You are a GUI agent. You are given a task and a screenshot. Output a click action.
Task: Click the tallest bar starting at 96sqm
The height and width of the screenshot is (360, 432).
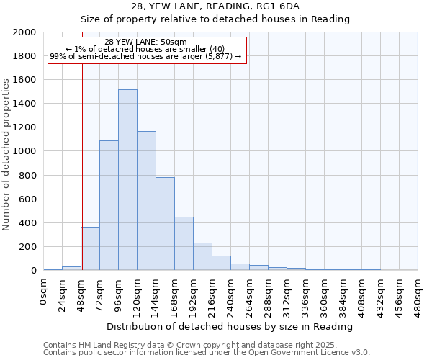pyautogui.click(x=127, y=180)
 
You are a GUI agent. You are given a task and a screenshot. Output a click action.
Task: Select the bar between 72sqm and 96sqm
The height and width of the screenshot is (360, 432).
pyautogui.click(x=109, y=205)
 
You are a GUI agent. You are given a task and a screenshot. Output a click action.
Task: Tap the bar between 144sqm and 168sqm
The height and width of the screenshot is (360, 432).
pyautogui.click(x=165, y=223)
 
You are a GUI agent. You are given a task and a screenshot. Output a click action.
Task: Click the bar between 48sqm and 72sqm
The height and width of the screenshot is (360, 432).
pyautogui.click(x=90, y=248)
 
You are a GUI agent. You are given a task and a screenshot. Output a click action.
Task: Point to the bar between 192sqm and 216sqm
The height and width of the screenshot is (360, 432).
pyautogui.click(x=202, y=256)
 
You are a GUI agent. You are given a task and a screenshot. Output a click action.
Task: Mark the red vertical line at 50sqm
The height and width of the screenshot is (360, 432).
pyautogui.click(x=82, y=166)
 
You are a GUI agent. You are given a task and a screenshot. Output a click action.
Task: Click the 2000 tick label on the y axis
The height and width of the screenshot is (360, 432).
pyautogui.click(x=24, y=32)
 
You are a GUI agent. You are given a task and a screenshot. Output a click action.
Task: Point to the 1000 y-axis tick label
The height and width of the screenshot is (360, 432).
pyautogui.click(x=24, y=151)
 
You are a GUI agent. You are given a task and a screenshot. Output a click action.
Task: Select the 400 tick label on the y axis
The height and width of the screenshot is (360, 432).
pyautogui.click(x=27, y=222)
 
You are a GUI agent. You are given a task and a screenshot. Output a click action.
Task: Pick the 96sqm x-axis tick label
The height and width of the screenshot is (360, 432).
pyautogui.click(x=119, y=294)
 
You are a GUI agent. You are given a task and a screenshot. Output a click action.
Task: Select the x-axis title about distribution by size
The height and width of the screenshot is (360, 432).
pyautogui.click(x=230, y=326)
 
